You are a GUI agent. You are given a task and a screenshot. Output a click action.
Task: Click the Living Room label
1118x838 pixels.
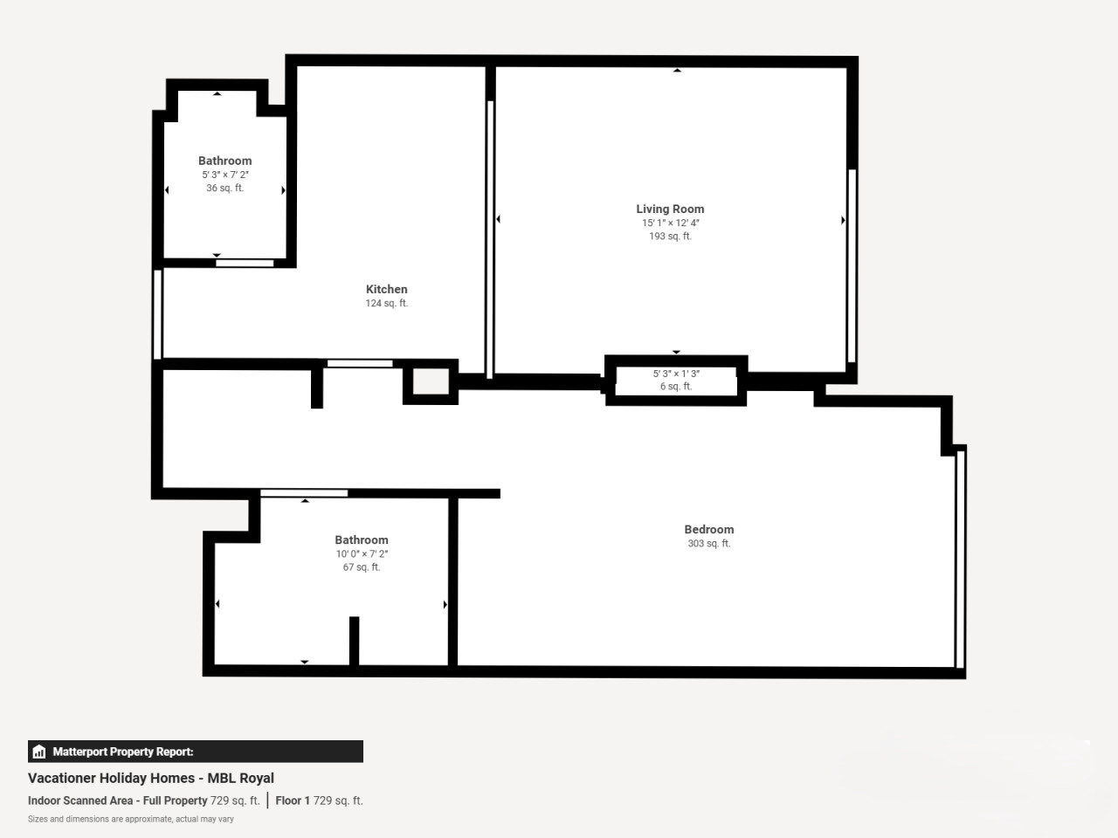pos(670,209)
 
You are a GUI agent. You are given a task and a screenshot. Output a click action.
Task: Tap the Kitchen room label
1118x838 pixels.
pos(387,289)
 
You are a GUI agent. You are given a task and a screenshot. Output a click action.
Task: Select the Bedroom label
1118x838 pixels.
pos(709,529)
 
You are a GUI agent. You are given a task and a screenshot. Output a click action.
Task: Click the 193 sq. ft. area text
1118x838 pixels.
pos(670,236)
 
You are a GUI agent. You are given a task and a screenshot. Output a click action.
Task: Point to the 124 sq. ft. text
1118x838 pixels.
pos(387,303)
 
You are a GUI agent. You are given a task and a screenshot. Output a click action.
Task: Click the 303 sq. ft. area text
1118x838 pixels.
pos(709,544)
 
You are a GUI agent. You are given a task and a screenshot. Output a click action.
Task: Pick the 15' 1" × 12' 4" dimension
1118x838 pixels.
pos(670,223)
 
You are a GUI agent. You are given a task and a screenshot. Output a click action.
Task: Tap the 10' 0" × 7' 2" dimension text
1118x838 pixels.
pos(362,554)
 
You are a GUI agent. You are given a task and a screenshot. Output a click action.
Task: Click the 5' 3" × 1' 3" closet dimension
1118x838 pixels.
pos(676,374)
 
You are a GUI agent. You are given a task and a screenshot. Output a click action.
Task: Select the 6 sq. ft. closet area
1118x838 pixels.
pos(676,386)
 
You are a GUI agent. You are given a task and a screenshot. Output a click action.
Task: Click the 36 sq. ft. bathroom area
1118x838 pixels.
pos(224,188)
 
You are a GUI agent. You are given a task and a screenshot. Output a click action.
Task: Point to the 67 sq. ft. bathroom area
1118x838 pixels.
pos(362,567)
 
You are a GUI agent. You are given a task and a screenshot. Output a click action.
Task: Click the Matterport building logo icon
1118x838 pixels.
pos(39,752)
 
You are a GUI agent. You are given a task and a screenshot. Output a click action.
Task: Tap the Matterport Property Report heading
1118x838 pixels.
pos(123,752)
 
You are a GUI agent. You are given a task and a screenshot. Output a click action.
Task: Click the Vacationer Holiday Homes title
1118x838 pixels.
pos(151,778)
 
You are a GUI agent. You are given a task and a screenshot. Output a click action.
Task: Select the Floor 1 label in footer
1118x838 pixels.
pos(293,800)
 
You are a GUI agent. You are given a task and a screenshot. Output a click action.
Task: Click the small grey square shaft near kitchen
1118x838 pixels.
pos(431,381)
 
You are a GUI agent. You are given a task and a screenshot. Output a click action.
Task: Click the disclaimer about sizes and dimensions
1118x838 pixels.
pos(131,819)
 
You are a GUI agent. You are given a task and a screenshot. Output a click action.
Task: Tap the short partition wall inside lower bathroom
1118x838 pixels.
pos(354,641)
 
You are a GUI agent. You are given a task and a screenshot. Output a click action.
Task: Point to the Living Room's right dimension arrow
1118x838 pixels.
pos(843,220)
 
